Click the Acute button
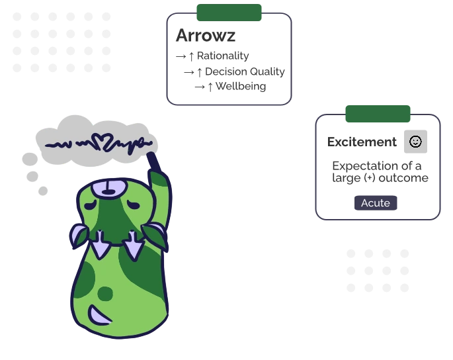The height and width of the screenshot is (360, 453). (376, 202)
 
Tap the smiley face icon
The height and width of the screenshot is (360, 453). (415, 141)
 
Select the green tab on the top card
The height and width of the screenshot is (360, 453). (229, 11)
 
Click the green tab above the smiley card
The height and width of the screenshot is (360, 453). (378, 113)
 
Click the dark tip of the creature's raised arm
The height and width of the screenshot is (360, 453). (151, 159)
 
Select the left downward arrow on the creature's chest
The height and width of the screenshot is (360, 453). (101, 246)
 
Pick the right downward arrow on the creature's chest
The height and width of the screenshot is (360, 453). (134, 246)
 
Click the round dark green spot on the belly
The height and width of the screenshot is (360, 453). (105, 293)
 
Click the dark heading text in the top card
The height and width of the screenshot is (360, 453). (206, 36)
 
